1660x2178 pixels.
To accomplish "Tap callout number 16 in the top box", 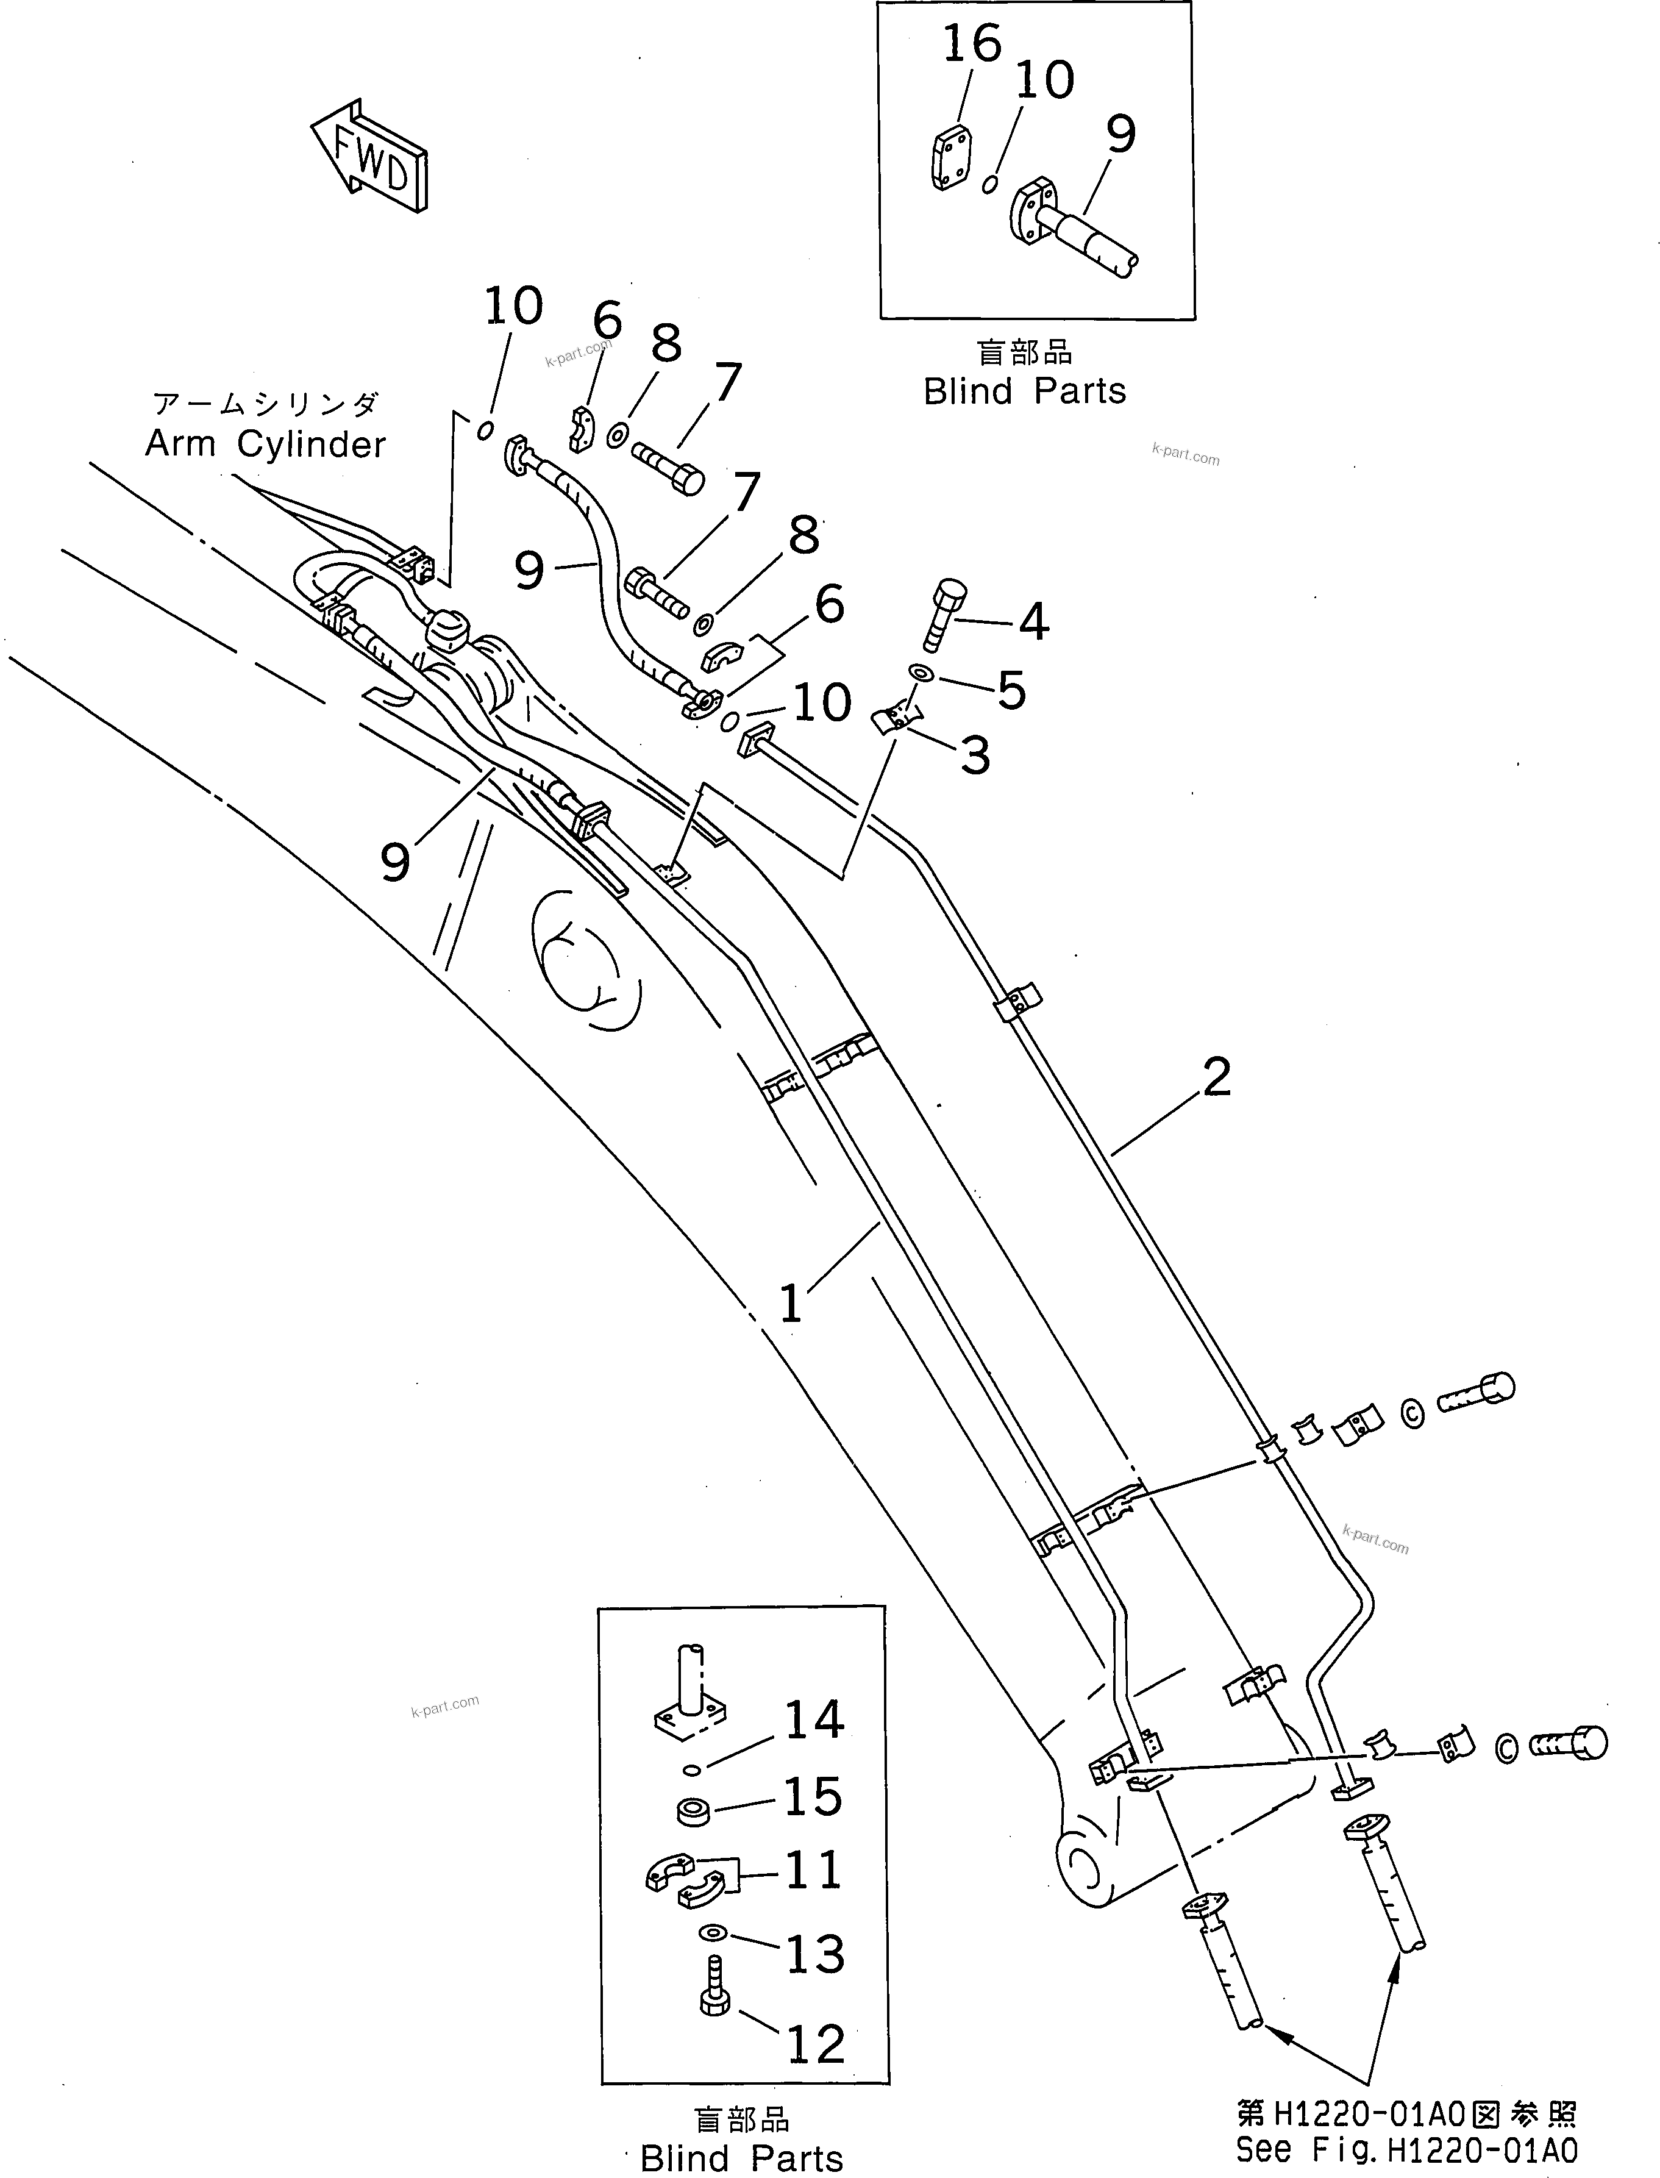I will pyautogui.click(x=972, y=45).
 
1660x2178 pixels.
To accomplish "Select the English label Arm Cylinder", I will pyautogui.click(x=265, y=445).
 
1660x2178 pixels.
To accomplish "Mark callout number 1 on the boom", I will pyautogui.click(x=791, y=1304).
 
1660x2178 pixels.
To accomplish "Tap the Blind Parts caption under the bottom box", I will pyautogui.click(x=741, y=2158).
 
